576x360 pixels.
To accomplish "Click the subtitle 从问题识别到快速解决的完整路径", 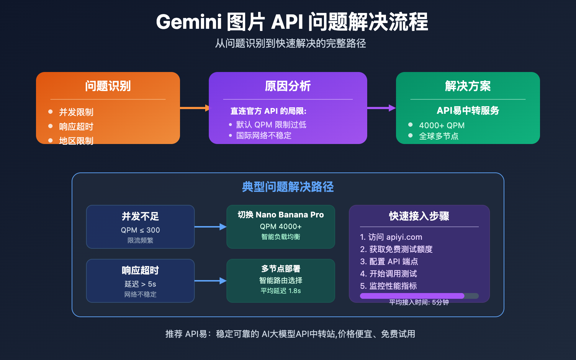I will coord(290,44).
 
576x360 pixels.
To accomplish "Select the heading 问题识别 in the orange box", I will coord(108,86).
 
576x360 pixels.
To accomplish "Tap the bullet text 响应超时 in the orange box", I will coord(76,127).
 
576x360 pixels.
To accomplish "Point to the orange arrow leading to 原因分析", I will coord(194,108).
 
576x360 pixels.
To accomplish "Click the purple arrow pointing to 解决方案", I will coord(381,108).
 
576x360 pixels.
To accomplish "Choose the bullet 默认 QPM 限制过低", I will coord(271,125).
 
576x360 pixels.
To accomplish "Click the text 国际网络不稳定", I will coord(264,135).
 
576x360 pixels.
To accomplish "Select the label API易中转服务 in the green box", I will coord(468,111).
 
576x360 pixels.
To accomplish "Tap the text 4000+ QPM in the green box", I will coord(441,125).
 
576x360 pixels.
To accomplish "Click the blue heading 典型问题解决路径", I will coord(288,187).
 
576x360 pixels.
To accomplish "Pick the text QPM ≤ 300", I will coord(140,230).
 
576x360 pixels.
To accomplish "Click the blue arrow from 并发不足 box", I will coord(210,226).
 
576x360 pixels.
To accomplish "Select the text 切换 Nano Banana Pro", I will coord(280,215).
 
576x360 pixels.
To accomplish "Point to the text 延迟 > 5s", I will coord(140,284).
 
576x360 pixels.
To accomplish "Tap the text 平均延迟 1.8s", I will coord(280,291).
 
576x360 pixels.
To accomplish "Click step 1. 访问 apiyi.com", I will coord(391,237).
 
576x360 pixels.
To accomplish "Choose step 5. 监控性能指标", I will coord(388,286).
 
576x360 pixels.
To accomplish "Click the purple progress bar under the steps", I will coord(412,296).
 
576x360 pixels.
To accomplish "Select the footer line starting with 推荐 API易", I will coord(290,334).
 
